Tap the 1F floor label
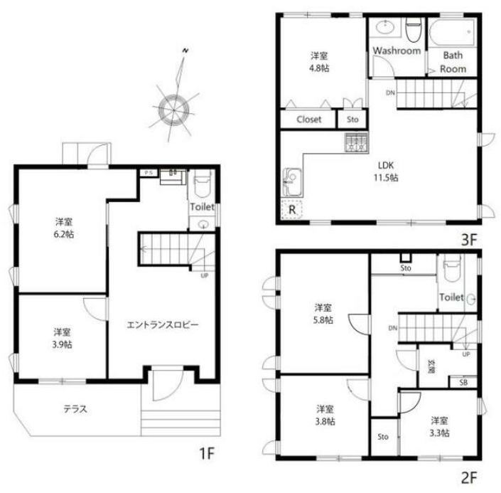point(206,453)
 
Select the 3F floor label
point(469,240)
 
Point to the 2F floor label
point(469,478)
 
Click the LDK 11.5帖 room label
point(386,171)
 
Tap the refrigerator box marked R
point(292,210)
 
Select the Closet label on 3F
point(308,120)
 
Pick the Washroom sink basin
point(386,26)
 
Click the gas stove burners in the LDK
point(357,143)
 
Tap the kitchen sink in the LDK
point(292,181)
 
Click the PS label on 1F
point(149,173)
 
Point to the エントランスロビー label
point(163,325)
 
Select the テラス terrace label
point(75,409)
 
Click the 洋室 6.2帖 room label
point(63,228)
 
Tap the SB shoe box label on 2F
point(463,382)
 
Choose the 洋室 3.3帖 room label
point(439,427)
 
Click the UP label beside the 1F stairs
point(205,275)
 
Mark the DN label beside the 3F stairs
point(390,92)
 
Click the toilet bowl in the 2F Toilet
point(452,270)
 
